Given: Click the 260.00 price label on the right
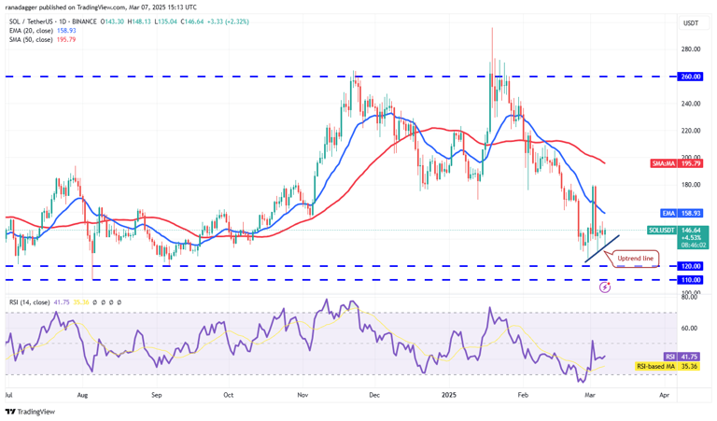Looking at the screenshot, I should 691,77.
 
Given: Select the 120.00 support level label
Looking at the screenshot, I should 691,266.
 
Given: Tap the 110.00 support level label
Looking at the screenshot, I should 691,280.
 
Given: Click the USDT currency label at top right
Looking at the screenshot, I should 691,23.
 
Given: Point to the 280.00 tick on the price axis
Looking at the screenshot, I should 691,49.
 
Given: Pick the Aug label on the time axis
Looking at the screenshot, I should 84,395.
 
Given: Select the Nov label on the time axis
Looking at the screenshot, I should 302,395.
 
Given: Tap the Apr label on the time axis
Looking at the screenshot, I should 664,395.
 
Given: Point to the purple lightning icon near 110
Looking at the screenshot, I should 605,287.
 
